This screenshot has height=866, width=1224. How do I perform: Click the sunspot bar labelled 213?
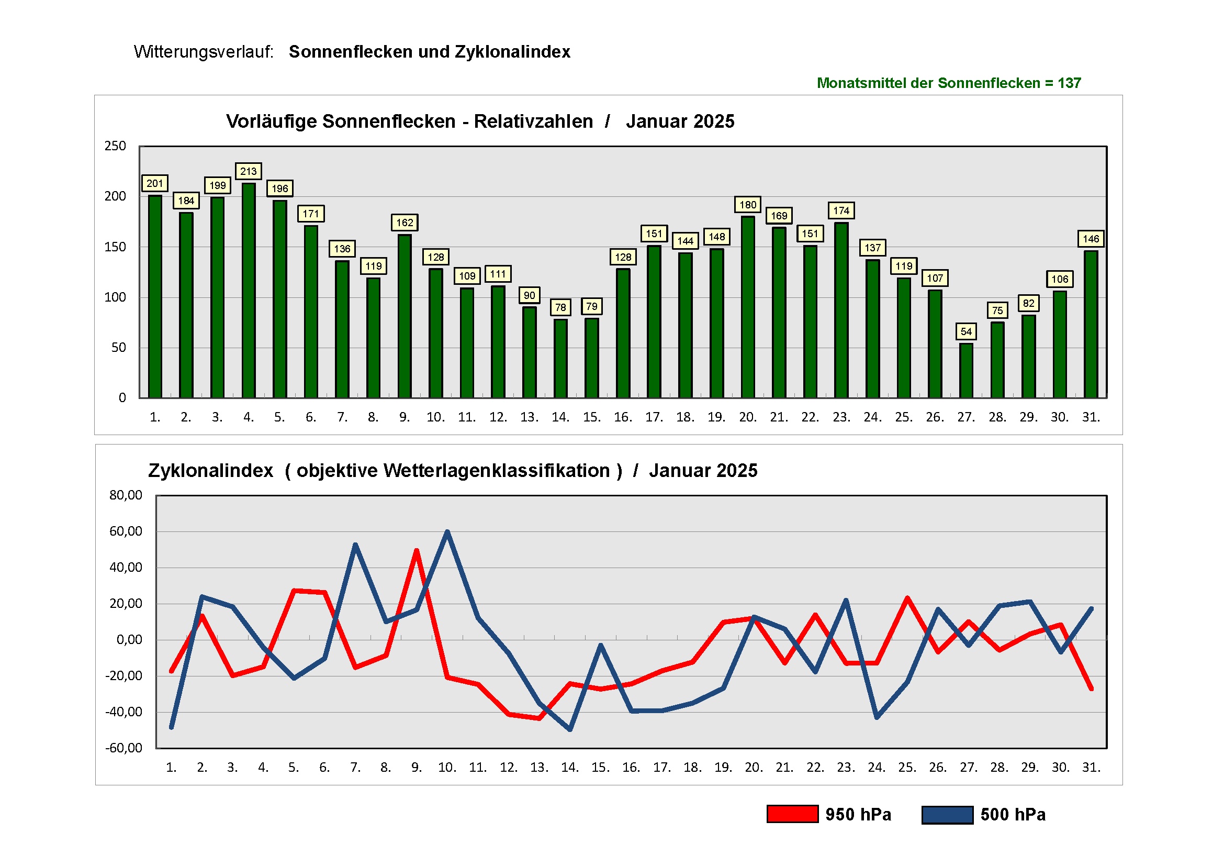[x=249, y=291]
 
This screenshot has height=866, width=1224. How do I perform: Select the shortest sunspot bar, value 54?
[x=966, y=371]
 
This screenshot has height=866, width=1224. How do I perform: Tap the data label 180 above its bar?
[x=747, y=205]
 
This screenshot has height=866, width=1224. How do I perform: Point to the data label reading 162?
[x=405, y=223]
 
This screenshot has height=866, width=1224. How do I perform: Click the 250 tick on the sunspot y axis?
[x=115, y=146]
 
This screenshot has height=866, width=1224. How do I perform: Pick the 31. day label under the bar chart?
[x=1091, y=417]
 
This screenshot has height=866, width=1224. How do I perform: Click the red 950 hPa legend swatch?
[x=792, y=814]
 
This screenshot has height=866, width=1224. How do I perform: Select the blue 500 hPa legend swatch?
[x=947, y=814]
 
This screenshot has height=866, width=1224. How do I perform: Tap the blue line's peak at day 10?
[x=447, y=531]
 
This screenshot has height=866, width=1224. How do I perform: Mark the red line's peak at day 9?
[x=417, y=550]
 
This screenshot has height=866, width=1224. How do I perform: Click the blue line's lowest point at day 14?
[x=570, y=729]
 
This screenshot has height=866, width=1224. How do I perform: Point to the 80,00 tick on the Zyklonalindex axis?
[x=126, y=495]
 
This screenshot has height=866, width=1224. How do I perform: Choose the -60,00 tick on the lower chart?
[x=123, y=748]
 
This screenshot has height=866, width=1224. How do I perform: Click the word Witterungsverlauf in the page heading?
[x=203, y=52]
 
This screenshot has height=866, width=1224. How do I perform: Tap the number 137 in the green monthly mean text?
[x=1069, y=83]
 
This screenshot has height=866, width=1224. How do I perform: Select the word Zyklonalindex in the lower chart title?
[x=210, y=471]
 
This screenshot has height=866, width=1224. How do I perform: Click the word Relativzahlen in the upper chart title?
[x=533, y=121]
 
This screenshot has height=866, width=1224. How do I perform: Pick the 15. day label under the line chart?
[x=600, y=768]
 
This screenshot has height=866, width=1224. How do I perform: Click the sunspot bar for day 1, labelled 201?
[x=155, y=296]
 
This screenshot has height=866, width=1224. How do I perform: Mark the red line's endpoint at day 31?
[x=1091, y=689]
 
